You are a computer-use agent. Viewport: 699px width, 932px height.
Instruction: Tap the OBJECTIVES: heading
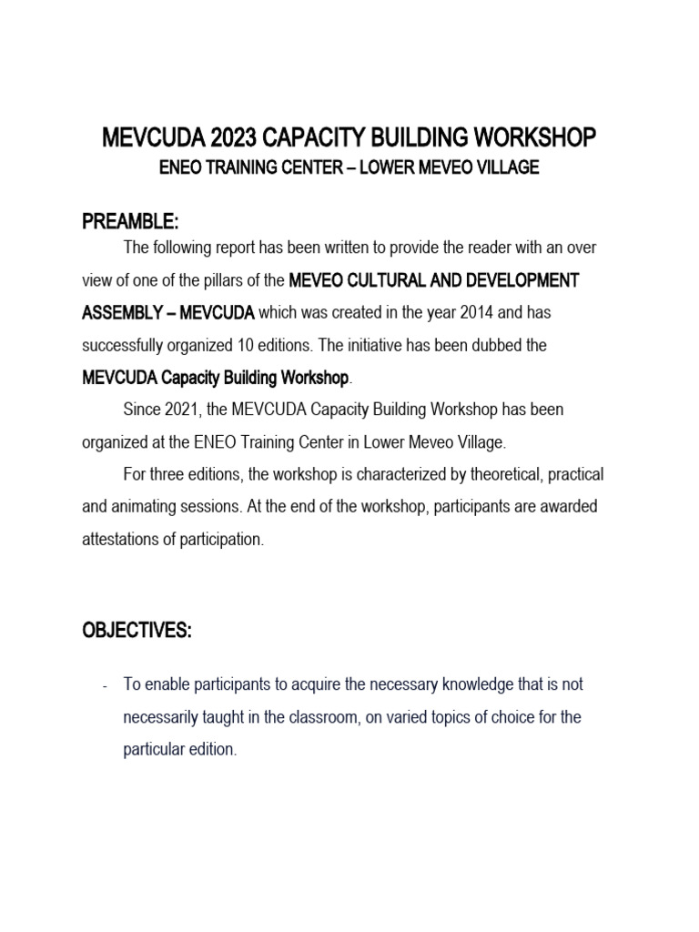(137, 633)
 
